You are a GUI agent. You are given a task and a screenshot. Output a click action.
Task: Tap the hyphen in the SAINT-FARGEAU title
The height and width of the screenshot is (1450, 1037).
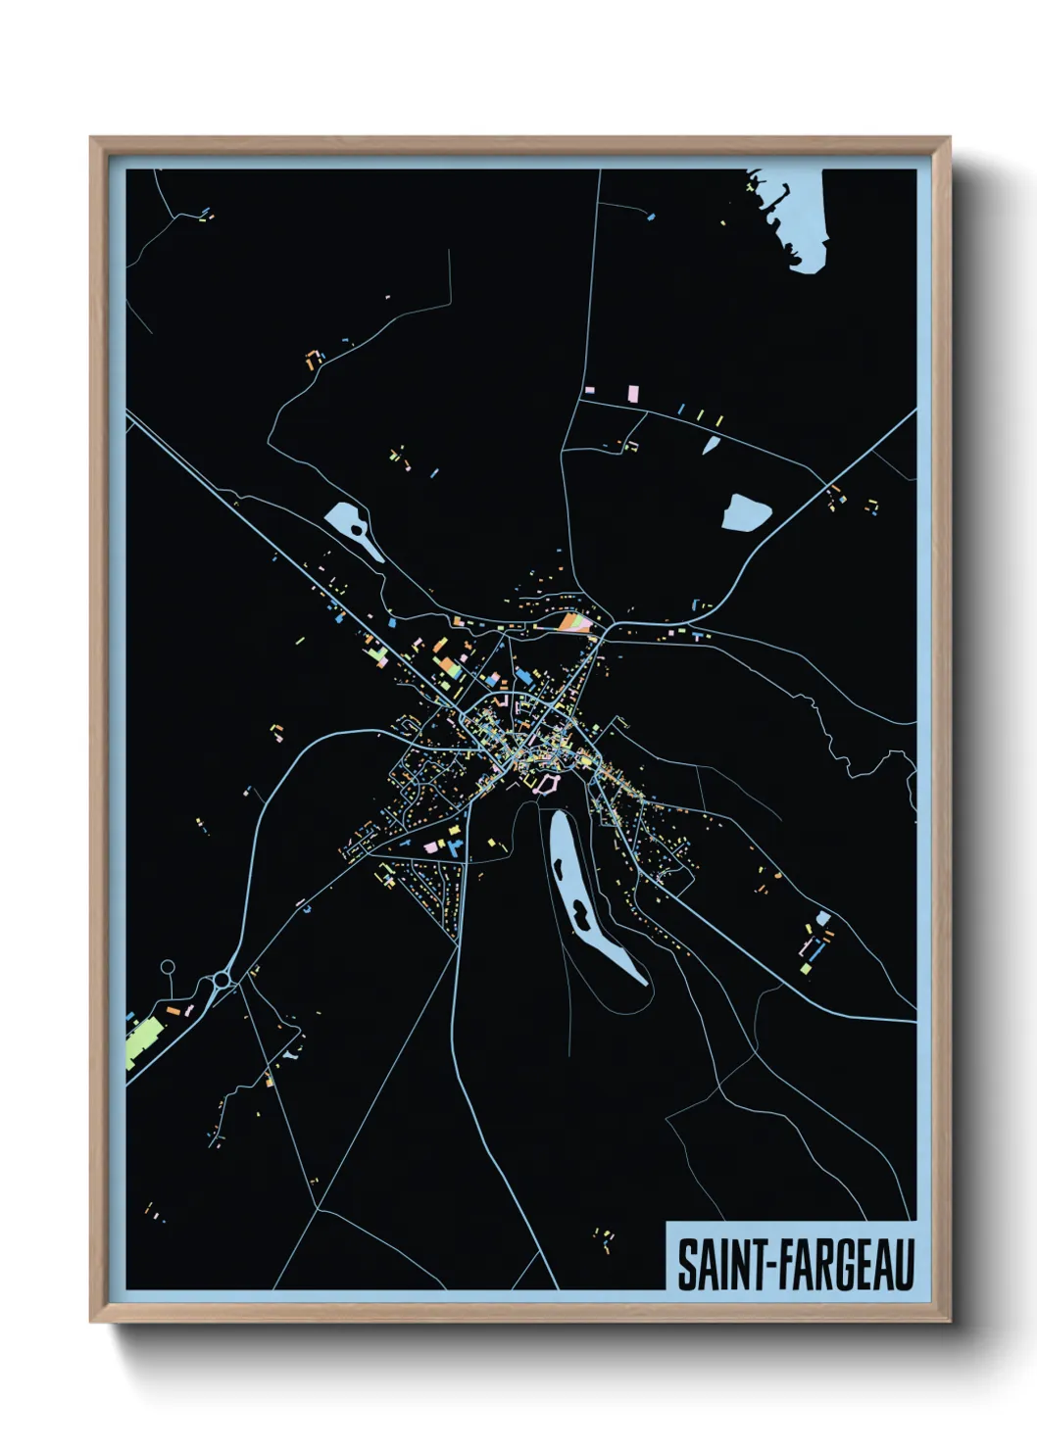(770, 1267)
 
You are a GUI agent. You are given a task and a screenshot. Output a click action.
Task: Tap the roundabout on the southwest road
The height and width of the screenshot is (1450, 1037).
(222, 979)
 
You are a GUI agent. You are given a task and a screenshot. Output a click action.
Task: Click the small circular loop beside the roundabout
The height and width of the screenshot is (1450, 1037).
(168, 967)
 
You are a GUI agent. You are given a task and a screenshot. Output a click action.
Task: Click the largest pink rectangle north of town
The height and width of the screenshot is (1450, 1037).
(632, 393)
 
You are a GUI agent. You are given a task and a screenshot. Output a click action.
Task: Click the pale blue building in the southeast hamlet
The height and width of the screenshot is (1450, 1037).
(823, 918)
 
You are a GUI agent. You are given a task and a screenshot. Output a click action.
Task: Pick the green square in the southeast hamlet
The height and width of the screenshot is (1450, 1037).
(806, 969)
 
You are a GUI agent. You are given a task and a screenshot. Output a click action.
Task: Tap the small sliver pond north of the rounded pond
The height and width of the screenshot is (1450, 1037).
(711, 445)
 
